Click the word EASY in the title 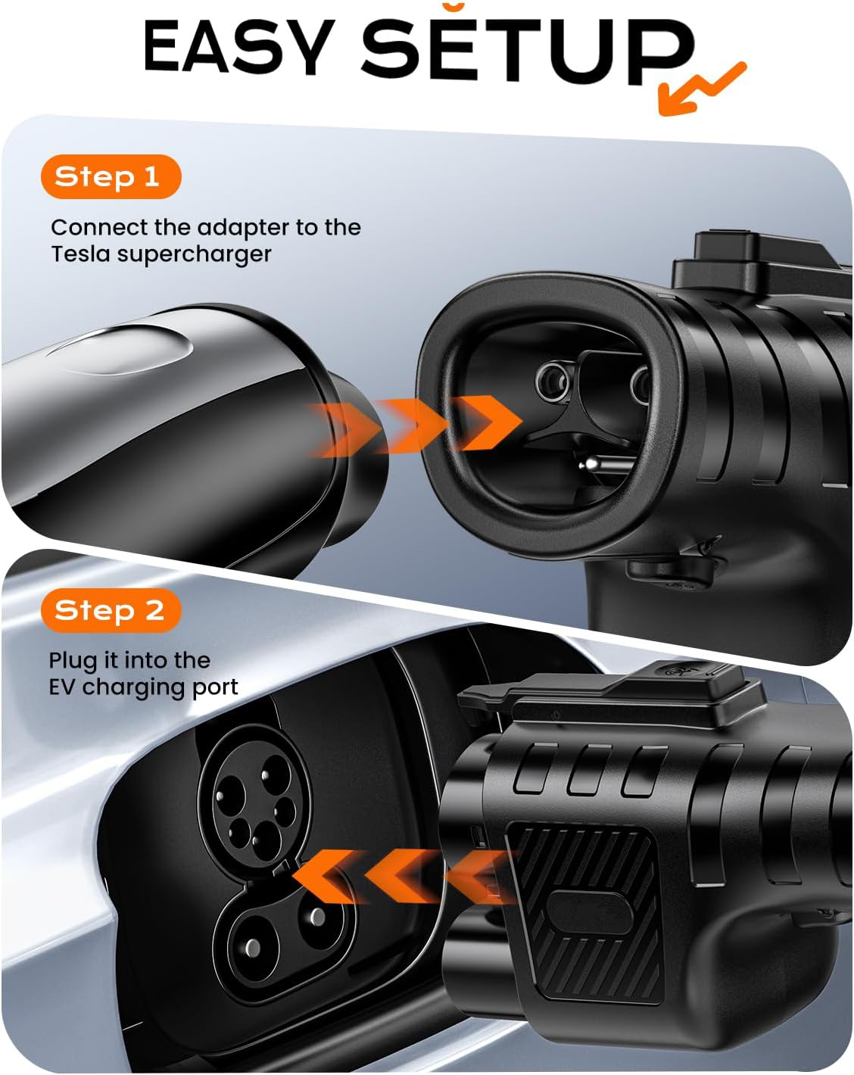click(x=238, y=47)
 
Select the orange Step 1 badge click(x=110, y=176)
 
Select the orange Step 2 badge click(x=111, y=610)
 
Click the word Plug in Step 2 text click(x=73, y=660)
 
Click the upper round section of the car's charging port click(x=254, y=799)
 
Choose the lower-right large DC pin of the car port click(x=316, y=918)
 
